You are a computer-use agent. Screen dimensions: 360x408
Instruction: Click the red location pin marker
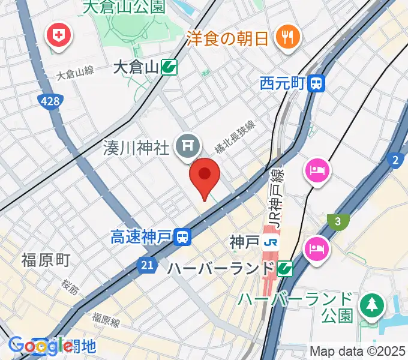(x=205, y=175)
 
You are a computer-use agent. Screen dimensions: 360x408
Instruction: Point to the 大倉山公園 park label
(x=124, y=7)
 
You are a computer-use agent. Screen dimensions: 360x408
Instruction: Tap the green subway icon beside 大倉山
(x=169, y=67)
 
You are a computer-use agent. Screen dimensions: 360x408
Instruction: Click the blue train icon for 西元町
(x=316, y=83)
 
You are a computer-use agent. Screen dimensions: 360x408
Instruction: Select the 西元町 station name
(x=283, y=83)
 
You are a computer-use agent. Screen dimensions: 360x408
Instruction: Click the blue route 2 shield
(x=395, y=160)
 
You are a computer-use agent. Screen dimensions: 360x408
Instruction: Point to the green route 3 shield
(x=338, y=222)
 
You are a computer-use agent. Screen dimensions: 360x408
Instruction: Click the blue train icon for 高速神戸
(x=184, y=238)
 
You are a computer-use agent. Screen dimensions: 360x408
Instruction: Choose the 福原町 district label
(x=46, y=260)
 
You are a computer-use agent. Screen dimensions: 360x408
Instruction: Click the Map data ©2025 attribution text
(x=358, y=351)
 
